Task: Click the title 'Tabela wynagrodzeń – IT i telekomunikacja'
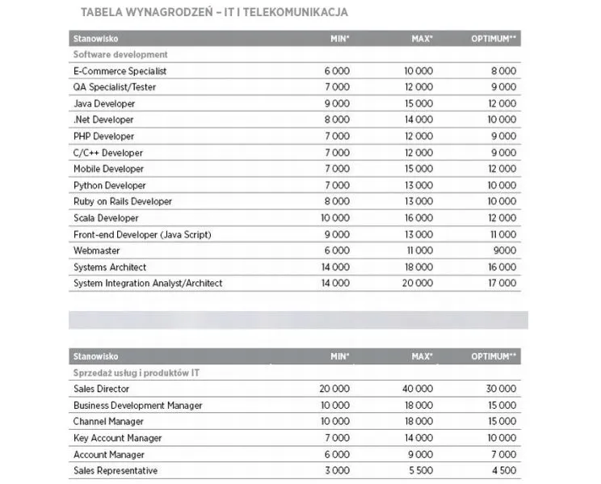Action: coord(216,12)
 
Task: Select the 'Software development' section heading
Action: coord(120,54)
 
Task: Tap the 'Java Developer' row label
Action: coord(104,103)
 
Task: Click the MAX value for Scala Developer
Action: coord(418,218)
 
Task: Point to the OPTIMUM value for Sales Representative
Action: coord(502,470)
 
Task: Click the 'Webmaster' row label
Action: coord(96,250)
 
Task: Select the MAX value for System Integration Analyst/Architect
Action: coord(418,283)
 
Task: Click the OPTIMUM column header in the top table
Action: coord(494,38)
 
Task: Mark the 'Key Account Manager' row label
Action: coord(117,438)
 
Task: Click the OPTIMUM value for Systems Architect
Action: coord(501,267)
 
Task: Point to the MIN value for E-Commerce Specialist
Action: coord(337,71)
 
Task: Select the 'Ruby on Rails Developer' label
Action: coord(122,201)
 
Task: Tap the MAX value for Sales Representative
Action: coord(420,470)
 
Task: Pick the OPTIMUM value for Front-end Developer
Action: coord(502,234)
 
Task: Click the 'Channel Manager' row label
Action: coord(108,421)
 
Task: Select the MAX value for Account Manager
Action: coord(420,454)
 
